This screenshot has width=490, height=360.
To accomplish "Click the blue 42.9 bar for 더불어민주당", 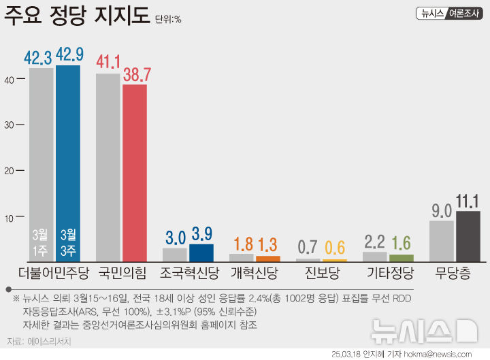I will pyautogui.click(x=68, y=163).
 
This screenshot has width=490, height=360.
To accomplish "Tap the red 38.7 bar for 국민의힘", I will pyautogui.click(x=135, y=173).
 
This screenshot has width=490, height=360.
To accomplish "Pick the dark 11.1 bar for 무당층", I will pyautogui.click(x=468, y=236).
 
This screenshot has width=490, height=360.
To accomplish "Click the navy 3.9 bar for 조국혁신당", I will pyautogui.click(x=201, y=252).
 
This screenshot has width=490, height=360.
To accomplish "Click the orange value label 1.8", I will pyautogui.click(x=242, y=244).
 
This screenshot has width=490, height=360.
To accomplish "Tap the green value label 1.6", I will pyautogui.click(x=402, y=243).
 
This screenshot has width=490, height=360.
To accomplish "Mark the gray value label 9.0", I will pyautogui.click(x=442, y=210).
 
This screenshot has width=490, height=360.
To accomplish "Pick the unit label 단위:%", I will pyautogui.click(x=168, y=19).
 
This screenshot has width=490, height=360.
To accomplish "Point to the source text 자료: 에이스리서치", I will pyautogui.click(x=38, y=341).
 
